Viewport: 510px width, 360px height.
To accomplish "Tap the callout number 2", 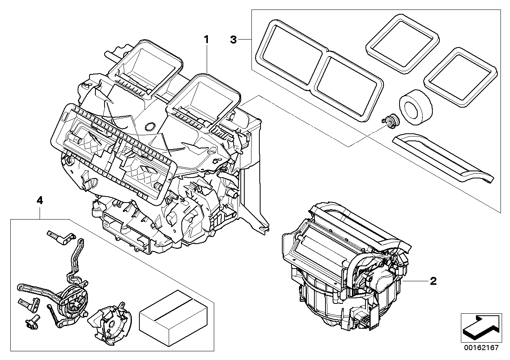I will [x=433, y=281].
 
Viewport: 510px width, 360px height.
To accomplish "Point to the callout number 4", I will [x=39, y=201].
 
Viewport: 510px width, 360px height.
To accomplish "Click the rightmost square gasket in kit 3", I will [x=460, y=77].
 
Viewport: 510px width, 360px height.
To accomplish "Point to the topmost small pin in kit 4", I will [x=61, y=236].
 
